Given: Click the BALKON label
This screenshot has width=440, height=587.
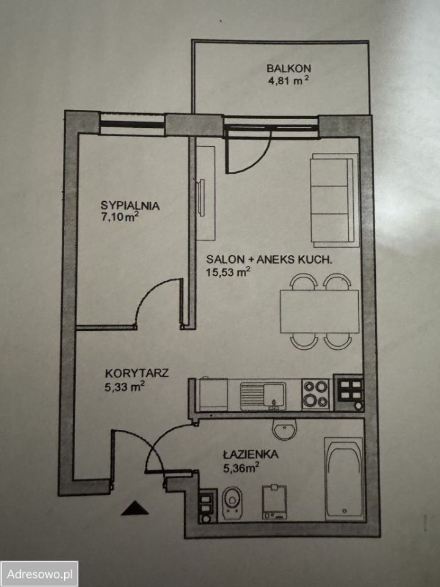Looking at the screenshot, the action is click(x=288, y=68).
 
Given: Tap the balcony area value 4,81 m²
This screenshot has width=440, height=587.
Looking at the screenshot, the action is click(x=288, y=80).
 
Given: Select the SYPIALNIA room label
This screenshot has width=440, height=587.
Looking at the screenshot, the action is click(x=130, y=205).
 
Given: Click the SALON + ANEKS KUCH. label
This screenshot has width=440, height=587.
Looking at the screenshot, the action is click(x=269, y=259).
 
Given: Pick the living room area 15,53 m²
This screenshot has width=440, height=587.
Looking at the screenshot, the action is click(x=227, y=271).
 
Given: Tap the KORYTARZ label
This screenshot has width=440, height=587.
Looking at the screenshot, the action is click(x=137, y=373).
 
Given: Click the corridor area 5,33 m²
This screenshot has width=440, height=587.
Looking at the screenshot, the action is click(x=125, y=386).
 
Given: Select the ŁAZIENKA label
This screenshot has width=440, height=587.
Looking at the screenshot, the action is click(x=251, y=454).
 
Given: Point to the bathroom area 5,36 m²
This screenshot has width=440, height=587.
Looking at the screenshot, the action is click(x=241, y=467).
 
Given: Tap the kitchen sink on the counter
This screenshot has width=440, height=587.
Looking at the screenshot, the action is click(x=263, y=396).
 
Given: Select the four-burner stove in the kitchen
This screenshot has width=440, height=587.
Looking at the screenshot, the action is click(x=315, y=394).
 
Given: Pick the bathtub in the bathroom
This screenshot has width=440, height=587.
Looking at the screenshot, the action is click(x=344, y=479).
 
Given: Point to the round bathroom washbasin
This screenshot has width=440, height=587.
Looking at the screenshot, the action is click(x=285, y=429).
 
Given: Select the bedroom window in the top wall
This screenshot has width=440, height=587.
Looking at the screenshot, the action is click(x=133, y=123).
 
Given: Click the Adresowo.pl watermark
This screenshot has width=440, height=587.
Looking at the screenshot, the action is click(x=40, y=574).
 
